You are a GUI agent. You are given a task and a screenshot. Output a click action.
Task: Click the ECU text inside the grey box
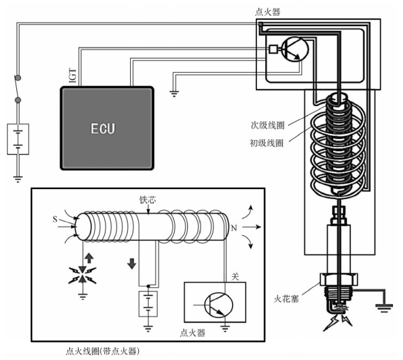103,128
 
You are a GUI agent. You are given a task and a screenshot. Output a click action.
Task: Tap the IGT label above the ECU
73,75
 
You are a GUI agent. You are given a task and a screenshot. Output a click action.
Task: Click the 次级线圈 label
268,125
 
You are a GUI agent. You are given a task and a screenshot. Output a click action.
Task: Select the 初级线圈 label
267,143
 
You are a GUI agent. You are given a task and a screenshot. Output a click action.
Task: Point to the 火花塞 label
286,299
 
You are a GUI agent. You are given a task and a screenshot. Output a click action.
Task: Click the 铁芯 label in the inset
148,200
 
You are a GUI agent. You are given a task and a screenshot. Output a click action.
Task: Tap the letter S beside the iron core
55,219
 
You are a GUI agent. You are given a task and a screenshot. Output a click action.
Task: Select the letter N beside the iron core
234,228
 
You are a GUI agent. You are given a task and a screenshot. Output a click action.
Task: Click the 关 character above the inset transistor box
235,276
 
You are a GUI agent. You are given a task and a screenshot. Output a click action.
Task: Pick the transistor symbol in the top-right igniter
295,49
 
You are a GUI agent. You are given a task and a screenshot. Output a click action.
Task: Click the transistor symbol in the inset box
219,305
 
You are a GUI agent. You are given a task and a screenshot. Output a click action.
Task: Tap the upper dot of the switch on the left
18,77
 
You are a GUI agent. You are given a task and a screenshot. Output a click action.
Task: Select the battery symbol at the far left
18,139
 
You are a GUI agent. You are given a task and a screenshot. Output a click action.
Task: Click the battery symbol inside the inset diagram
148,303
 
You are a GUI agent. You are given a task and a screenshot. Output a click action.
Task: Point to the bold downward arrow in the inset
131,264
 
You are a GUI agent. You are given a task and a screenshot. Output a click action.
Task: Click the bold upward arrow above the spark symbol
89,258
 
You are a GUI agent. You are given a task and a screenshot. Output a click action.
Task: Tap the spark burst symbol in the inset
82,275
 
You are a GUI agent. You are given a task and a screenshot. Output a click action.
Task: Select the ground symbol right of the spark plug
384,308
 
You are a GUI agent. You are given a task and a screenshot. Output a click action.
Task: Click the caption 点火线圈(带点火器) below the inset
102,351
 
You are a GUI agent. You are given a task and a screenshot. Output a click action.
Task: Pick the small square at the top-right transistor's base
273,49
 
